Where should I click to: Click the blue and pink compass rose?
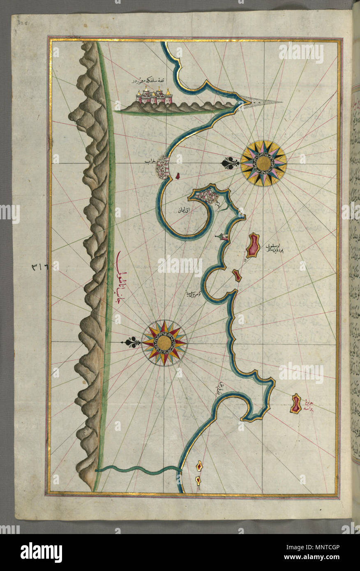tap(263, 163)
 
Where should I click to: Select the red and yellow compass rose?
tap(164, 343)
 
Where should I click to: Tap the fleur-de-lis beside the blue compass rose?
tap(230, 163)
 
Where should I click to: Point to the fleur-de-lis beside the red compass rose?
tap(132, 342)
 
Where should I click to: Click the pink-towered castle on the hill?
tap(154, 97)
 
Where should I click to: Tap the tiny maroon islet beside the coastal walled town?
tap(178, 176)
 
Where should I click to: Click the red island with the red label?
tap(295, 403)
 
